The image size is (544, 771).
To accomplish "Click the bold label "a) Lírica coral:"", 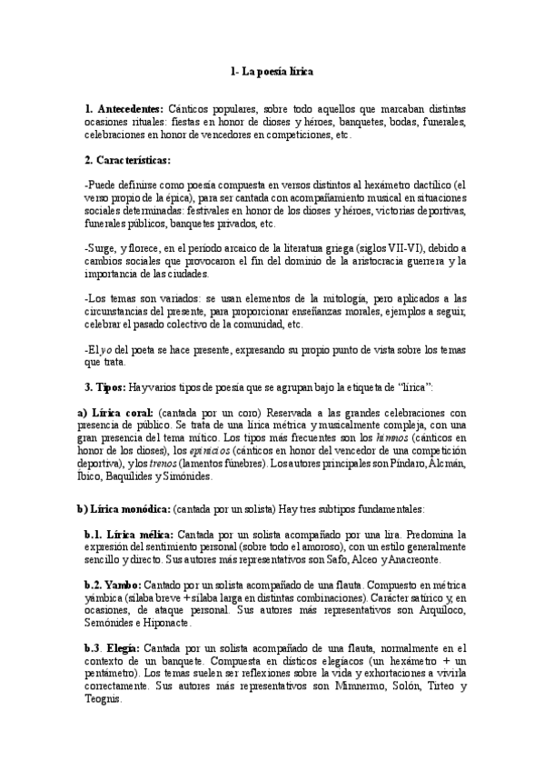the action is point(114,413).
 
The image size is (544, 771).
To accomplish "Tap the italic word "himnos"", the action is point(379,438).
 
